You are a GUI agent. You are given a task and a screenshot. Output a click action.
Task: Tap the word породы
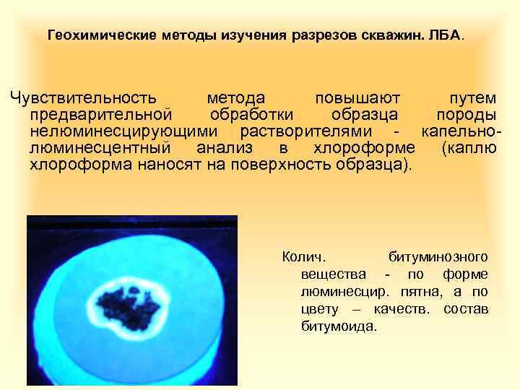tap(466, 114)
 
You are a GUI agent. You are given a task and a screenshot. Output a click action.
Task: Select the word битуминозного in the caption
tap(438, 256)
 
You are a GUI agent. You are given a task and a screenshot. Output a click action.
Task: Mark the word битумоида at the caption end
tap(338, 326)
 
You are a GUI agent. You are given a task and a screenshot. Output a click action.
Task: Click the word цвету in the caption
tap(318, 308)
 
